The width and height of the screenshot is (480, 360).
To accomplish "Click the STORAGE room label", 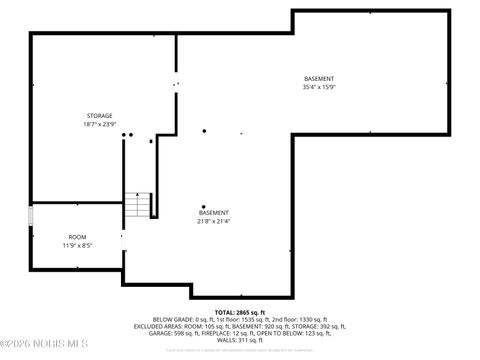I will [x=99, y=115].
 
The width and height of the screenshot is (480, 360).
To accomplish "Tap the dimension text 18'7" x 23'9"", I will [x=99, y=124].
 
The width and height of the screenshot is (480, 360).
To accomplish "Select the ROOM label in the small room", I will [x=77, y=236].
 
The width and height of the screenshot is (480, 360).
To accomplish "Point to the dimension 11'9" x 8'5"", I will [x=77, y=245].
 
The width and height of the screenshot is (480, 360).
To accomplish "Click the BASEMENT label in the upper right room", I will [x=319, y=79].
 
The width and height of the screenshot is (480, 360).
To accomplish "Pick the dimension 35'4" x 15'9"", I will [x=319, y=88].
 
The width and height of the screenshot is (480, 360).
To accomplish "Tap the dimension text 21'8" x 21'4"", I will [x=213, y=221].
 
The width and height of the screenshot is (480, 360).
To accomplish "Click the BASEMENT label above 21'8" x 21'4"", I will [x=213, y=212].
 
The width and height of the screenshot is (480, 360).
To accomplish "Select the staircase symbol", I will [x=138, y=204].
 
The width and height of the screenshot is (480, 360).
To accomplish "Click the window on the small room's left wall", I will [x=31, y=215].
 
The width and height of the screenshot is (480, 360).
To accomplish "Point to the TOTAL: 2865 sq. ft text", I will [x=239, y=311].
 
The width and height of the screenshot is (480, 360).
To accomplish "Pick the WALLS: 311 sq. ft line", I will [x=239, y=340].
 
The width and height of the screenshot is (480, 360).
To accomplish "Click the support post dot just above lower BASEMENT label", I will [x=204, y=207].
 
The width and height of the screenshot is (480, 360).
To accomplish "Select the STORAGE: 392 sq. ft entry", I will [x=318, y=326].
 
